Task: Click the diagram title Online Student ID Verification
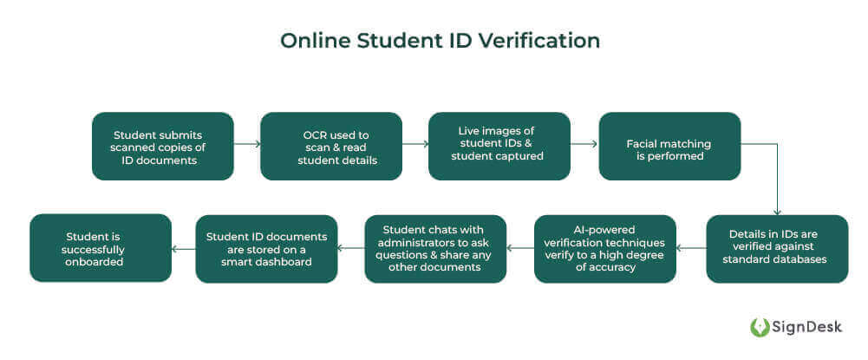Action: (x=440, y=42)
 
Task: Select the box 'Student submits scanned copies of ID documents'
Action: (x=163, y=146)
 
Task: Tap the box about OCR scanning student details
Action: (x=331, y=146)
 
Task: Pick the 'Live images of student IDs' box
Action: (x=499, y=146)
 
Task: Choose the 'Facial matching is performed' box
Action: (x=669, y=146)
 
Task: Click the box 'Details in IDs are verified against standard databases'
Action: (x=777, y=249)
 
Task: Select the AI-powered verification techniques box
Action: (x=604, y=249)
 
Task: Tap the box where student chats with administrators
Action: (x=435, y=249)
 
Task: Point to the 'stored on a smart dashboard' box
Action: (x=266, y=249)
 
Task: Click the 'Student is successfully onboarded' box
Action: (x=101, y=248)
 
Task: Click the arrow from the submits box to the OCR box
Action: (x=247, y=146)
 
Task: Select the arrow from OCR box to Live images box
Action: (x=415, y=146)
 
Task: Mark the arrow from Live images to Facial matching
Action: (x=584, y=146)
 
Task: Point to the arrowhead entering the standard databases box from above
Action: (x=777, y=211)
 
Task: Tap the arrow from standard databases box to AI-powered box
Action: (x=692, y=249)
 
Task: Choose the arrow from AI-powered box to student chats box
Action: (x=520, y=249)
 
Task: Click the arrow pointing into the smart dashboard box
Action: (x=351, y=249)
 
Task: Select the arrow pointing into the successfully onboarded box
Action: (x=184, y=249)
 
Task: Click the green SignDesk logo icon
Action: (x=760, y=327)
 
